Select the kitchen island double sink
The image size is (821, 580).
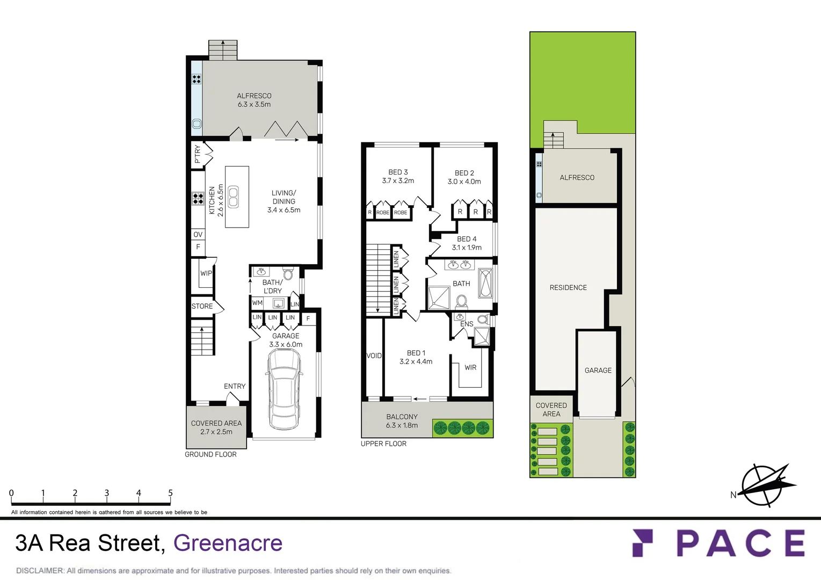[233, 197]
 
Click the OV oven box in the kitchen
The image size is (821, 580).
[198, 235]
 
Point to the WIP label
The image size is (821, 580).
[206, 273]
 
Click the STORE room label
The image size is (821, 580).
[202, 306]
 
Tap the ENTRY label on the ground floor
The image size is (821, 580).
[235, 386]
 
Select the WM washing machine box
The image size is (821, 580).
[257, 303]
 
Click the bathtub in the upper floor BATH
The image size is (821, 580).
[485, 283]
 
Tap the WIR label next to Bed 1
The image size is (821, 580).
[470, 368]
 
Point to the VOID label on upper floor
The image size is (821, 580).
[374, 356]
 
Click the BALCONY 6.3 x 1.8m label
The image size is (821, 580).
[402, 421]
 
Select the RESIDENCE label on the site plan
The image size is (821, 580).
[568, 288]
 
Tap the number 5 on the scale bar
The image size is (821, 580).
[170, 493]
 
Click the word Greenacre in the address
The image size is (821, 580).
[228, 543]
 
